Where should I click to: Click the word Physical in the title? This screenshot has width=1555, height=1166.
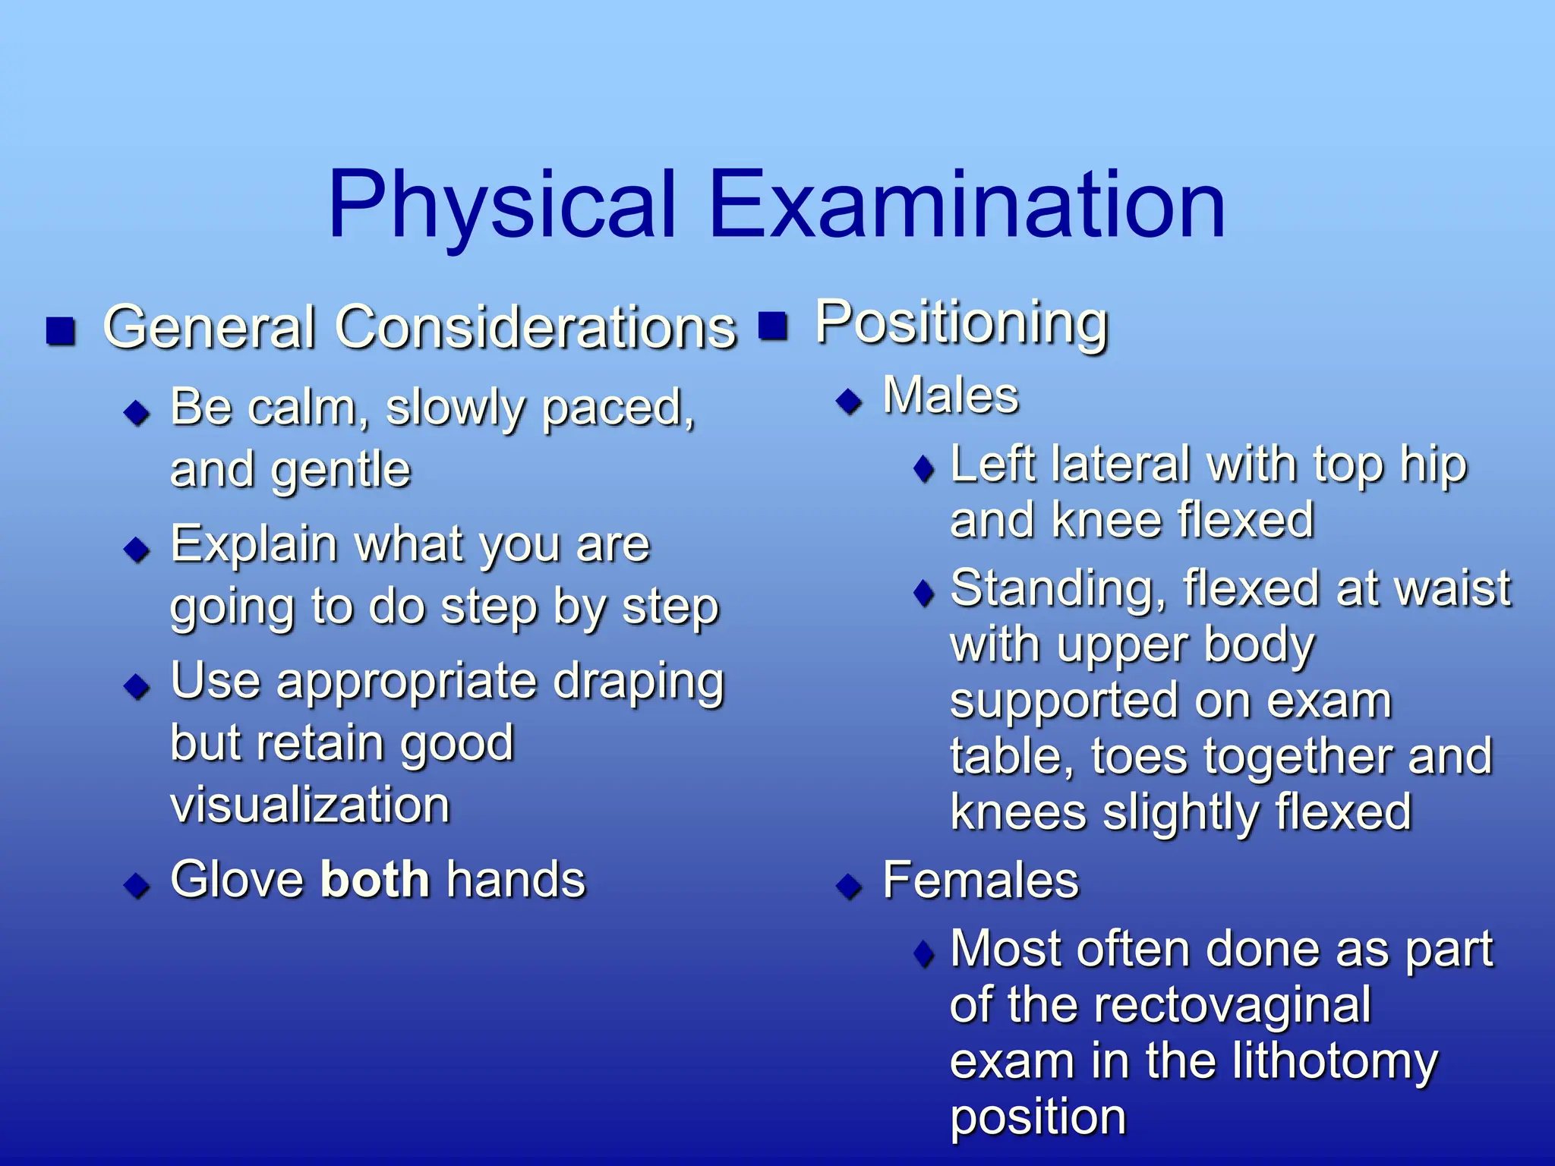click(501, 205)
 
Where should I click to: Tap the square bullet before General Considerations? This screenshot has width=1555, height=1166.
click(61, 331)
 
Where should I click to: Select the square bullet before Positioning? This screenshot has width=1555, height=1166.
click(773, 326)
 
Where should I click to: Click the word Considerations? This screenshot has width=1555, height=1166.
click(536, 328)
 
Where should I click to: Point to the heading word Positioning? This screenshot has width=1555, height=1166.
click(961, 323)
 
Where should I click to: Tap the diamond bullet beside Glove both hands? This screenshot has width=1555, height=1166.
click(137, 884)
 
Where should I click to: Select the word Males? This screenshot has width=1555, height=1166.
click(951, 395)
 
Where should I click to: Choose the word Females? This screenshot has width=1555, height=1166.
click(980, 881)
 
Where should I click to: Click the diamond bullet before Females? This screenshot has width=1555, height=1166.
click(849, 886)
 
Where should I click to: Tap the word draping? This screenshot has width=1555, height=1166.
click(638, 682)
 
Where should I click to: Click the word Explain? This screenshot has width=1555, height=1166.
click(254, 545)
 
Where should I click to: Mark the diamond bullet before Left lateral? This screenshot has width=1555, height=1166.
click(924, 469)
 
